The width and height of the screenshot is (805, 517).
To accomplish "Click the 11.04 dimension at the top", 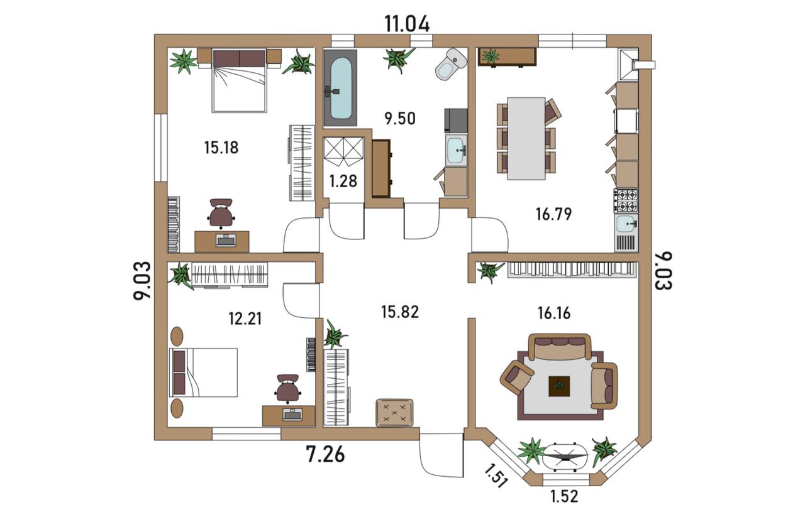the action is pos(407,24).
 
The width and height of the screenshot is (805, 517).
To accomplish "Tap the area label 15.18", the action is pos(221,148).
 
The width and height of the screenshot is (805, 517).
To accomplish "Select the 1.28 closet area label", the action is pos(343,181).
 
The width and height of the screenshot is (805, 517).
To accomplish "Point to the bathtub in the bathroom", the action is pos(340,89).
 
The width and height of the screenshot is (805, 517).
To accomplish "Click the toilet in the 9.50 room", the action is pos(451,64).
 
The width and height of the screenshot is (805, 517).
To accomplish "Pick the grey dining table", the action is pos(526,138).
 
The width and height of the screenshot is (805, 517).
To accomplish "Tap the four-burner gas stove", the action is pos(626,200).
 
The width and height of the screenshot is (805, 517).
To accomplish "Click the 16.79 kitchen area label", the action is pos(554,214).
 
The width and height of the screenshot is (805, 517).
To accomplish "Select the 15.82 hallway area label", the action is pos(400,312).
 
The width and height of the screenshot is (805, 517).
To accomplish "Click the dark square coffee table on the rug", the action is pos(560,386).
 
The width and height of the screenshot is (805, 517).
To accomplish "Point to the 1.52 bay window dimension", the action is pos(564,496).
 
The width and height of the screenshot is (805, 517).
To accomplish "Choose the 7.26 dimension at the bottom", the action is pos(325,454).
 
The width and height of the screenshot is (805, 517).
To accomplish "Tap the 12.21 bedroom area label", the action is pos(245,318).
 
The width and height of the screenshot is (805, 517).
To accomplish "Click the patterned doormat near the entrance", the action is pos(394,413).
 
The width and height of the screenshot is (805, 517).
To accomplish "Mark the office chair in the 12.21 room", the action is pos(288,389).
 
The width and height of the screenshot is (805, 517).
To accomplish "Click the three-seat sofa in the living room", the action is pos(560,347).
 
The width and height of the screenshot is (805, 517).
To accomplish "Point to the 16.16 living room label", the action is pos(554,313).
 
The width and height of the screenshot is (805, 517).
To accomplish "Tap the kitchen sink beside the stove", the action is pos(626,224).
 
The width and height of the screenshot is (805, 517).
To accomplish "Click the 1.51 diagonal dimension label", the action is pos(496,476).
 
